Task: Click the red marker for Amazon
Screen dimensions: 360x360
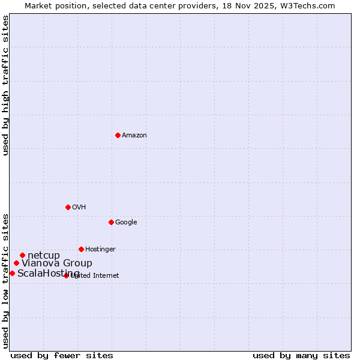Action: click(x=118, y=135)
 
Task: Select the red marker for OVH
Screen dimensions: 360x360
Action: click(x=68, y=207)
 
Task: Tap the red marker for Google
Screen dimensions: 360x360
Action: click(x=111, y=222)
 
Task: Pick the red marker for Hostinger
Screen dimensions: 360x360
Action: click(x=81, y=249)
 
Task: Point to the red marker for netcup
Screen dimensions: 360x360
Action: click(x=22, y=255)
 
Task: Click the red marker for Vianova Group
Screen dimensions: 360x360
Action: click(x=16, y=263)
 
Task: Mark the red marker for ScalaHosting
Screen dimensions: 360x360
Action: click(x=12, y=273)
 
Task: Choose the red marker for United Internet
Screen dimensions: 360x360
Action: click(x=66, y=275)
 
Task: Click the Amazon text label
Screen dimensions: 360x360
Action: click(x=134, y=136)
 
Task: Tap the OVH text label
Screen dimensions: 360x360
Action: click(x=79, y=208)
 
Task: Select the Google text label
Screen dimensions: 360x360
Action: click(x=126, y=223)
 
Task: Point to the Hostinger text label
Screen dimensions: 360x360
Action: click(x=100, y=250)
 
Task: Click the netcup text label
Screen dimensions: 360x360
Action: click(x=44, y=256)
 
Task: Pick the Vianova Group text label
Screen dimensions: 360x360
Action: click(x=57, y=263)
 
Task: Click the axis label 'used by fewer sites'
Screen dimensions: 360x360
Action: click(x=62, y=355)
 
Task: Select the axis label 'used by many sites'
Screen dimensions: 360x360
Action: click(x=301, y=355)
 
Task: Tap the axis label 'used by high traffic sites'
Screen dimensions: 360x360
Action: click(x=6, y=85)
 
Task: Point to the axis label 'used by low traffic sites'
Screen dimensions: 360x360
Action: click(x=6, y=280)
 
